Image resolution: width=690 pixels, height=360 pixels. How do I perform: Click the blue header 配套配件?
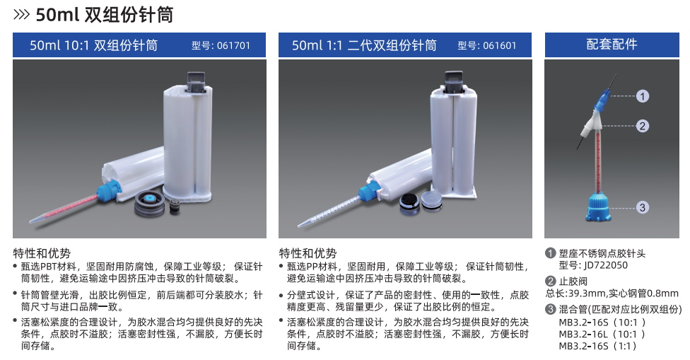612,45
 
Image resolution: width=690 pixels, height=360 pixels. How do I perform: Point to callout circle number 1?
642,95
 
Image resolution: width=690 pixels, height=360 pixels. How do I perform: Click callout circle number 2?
642,126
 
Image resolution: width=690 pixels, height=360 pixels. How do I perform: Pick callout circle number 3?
642,207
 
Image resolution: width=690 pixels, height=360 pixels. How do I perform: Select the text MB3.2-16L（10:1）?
602,334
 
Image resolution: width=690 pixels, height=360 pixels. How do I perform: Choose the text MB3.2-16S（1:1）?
598,346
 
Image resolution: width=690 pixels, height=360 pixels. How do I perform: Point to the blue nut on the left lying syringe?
109,190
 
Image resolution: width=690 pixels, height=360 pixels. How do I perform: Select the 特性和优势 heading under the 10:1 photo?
42,252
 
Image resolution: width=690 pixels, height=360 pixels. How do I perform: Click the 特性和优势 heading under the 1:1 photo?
308,252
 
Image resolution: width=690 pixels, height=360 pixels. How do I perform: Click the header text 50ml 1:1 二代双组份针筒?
364,46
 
